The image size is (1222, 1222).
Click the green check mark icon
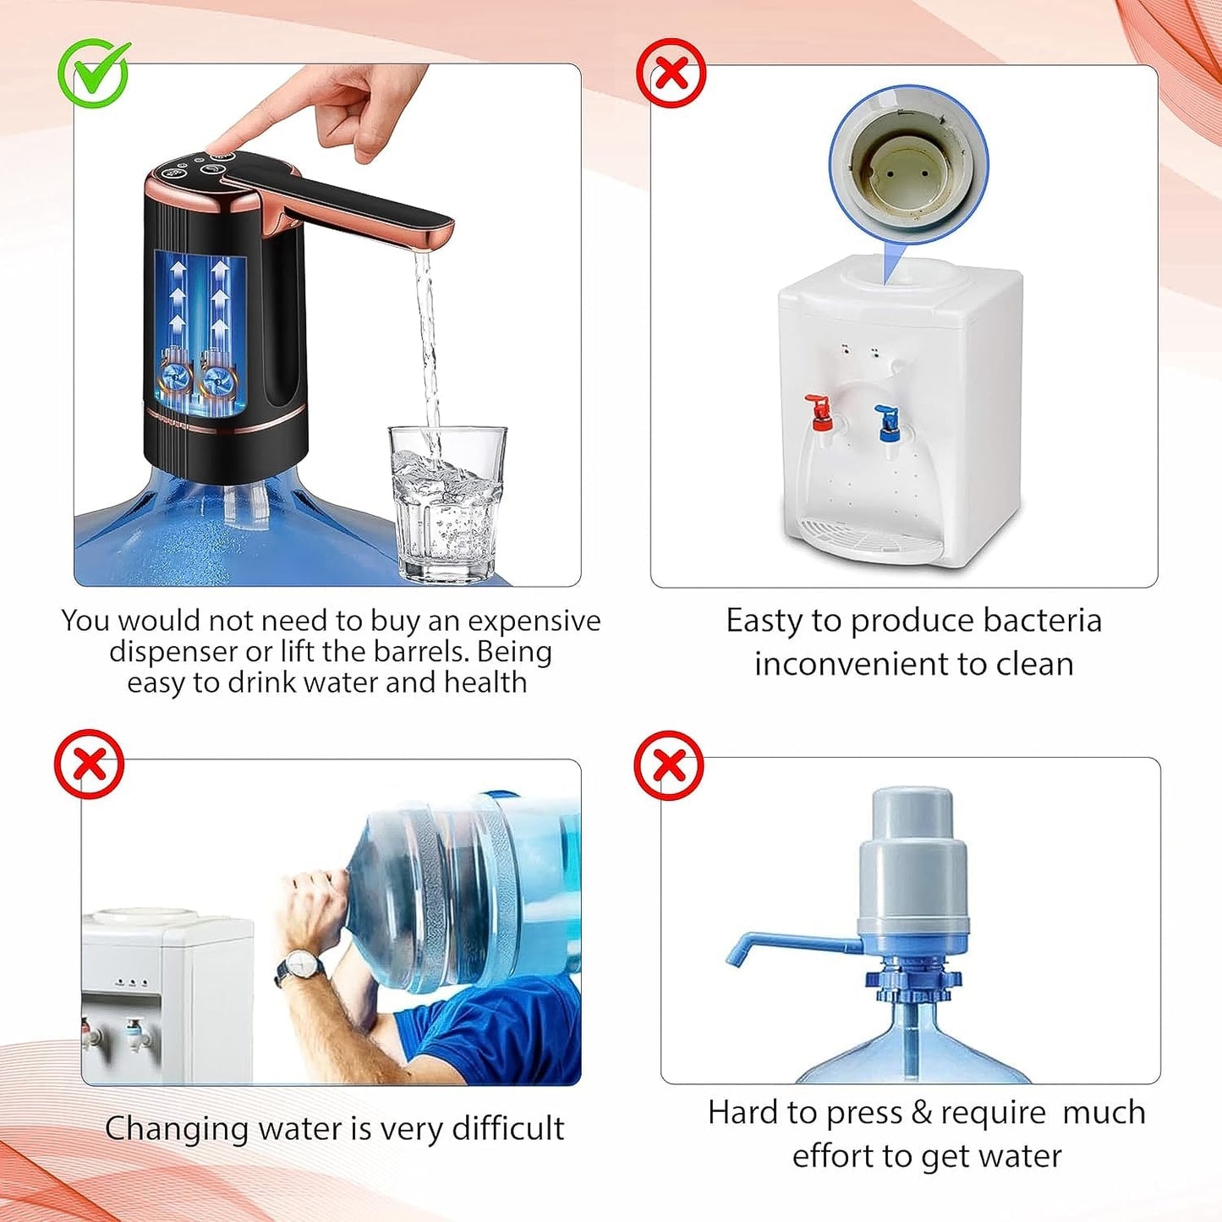(93, 74)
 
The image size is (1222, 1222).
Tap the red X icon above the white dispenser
(671, 74)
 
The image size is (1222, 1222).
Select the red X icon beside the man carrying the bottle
(89, 764)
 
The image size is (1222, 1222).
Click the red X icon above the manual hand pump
(669, 765)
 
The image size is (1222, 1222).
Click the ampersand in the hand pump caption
(922, 1113)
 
